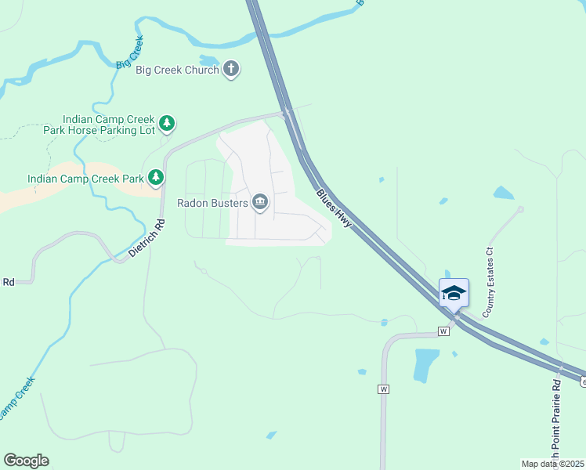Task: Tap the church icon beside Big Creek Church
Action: coord(230,69)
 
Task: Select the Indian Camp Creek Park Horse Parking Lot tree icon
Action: coord(166,123)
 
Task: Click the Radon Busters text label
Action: coord(212,204)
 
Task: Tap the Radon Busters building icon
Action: coord(260,204)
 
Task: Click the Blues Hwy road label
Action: coord(335,208)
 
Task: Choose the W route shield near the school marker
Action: coord(443,331)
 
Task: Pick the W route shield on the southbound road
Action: coord(383,389)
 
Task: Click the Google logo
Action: coord(27,461)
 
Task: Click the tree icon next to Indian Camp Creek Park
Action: coord(156,179)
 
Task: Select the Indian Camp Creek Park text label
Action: coord(85,179)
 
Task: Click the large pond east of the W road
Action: coord(425,363)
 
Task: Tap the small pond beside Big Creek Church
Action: coord(209,60)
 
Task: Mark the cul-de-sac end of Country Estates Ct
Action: coord(520,209)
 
